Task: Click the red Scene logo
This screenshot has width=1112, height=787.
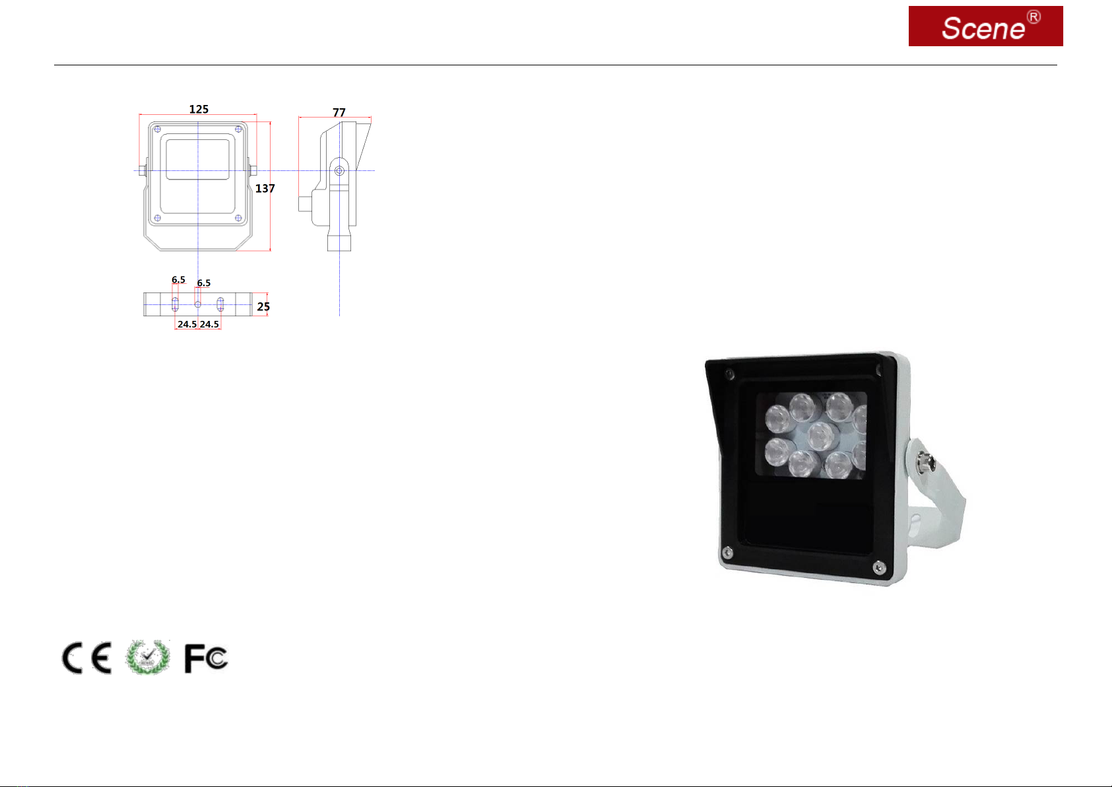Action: [985, 26]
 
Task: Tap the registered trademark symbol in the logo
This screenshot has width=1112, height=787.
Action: [1033, 17]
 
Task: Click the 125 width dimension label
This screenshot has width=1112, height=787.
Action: [199, 109]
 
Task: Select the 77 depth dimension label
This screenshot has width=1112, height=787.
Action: [339, 112]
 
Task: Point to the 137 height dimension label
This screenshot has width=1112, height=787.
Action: [265, 189]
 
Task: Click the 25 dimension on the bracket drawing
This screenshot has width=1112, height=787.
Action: [263, 307]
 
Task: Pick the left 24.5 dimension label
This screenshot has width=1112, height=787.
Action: [187, 324]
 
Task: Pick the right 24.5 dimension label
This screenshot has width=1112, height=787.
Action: [209, 324]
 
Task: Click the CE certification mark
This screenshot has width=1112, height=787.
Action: [86, 658]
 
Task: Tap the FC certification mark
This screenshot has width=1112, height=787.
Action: [206, 658]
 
